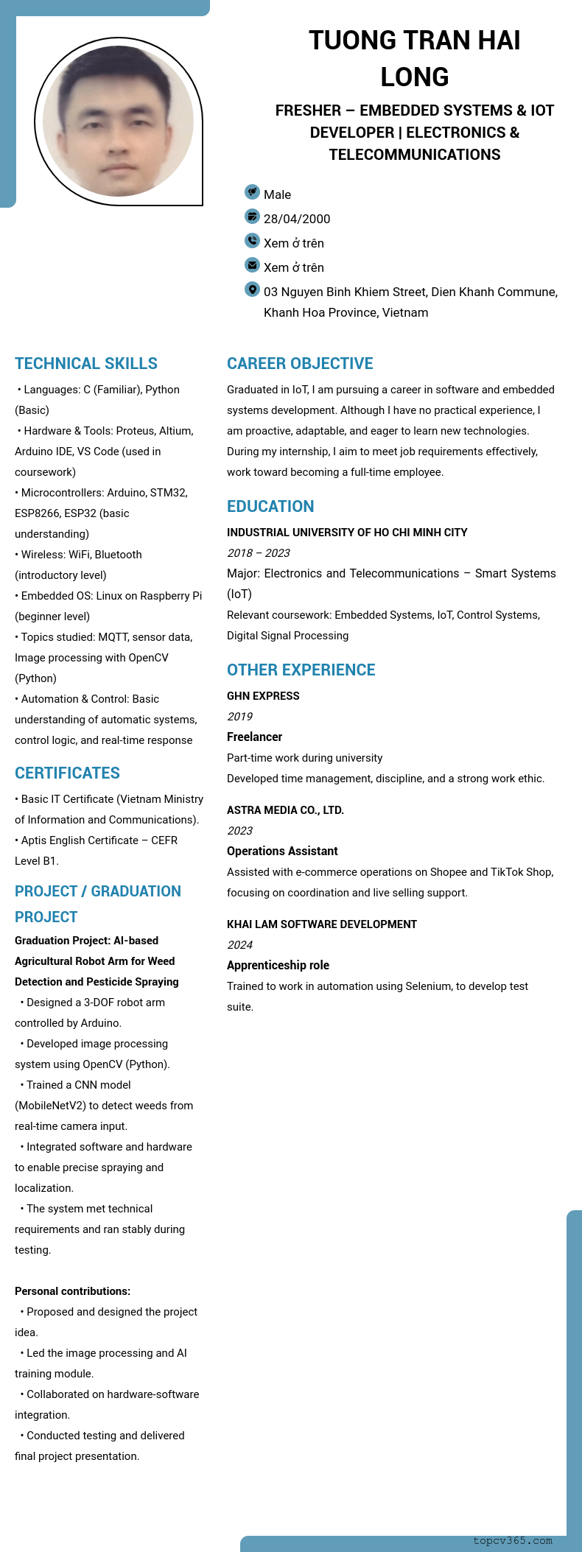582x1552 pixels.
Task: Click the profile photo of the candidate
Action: (118, 122)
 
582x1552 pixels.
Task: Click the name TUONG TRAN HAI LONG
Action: (414, 58)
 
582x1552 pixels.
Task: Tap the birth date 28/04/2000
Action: (297, 219)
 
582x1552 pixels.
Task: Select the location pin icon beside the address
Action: (252, 289)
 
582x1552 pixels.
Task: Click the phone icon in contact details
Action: (252, 241)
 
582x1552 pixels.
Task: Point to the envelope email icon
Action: (252, 265)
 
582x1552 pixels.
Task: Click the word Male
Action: (277, 194)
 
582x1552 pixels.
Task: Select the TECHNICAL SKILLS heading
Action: (86, 363)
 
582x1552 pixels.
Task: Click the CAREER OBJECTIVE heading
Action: (300, 363)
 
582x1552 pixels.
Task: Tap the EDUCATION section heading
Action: (270, 506)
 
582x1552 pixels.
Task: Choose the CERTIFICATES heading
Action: (67, 773)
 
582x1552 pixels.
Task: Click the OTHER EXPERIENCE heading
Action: (301, 670)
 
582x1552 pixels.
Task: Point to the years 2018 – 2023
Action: (258, 553)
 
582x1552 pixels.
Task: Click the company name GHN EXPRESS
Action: (263, 696)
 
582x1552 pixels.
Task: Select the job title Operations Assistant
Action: (282, 851)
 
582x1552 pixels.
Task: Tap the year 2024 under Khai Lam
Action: (239, 945)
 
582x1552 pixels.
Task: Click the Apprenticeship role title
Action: (278, 965)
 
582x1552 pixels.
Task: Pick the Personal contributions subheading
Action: (72, 1291)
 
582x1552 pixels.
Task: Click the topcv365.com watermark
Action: (512, 1540)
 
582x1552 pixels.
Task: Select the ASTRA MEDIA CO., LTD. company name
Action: (285, 810)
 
